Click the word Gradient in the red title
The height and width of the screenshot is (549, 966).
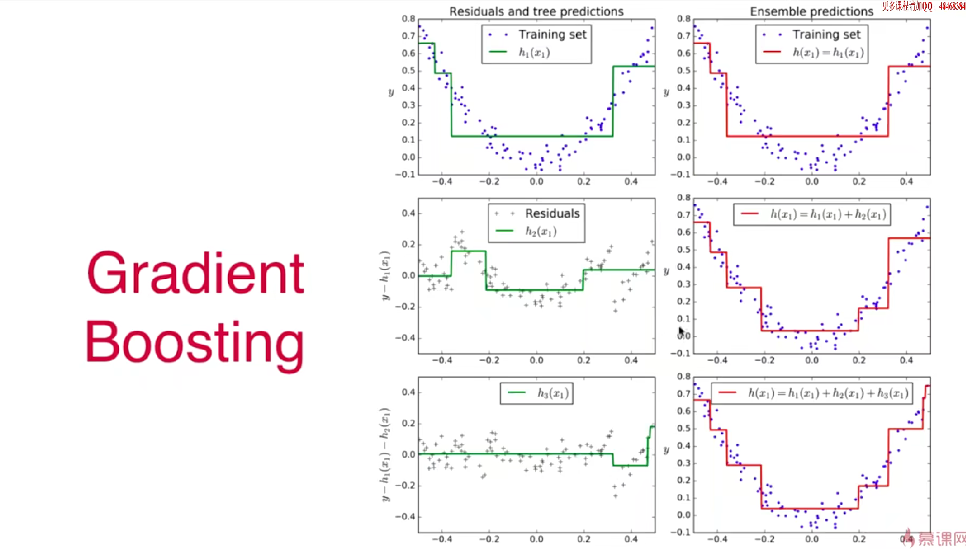[x=195, y=273]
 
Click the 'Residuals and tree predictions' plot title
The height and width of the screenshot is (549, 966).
[x=536, y=11]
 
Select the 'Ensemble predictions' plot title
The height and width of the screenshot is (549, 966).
[x=811, y=11]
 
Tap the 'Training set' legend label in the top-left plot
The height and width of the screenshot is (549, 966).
[x=552, y=34]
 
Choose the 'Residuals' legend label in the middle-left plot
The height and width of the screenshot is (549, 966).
[x=552, y=213]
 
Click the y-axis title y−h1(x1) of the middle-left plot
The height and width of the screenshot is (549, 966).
[x=385, y=275]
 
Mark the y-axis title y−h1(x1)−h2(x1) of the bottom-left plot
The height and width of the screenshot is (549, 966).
[x=385, y=454]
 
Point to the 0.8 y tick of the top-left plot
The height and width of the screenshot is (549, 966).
[x=409, y=19]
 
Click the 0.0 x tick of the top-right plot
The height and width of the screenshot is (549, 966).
[x=812, y=181]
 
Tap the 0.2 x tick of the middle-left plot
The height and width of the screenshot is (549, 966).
[x=583, y=360]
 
